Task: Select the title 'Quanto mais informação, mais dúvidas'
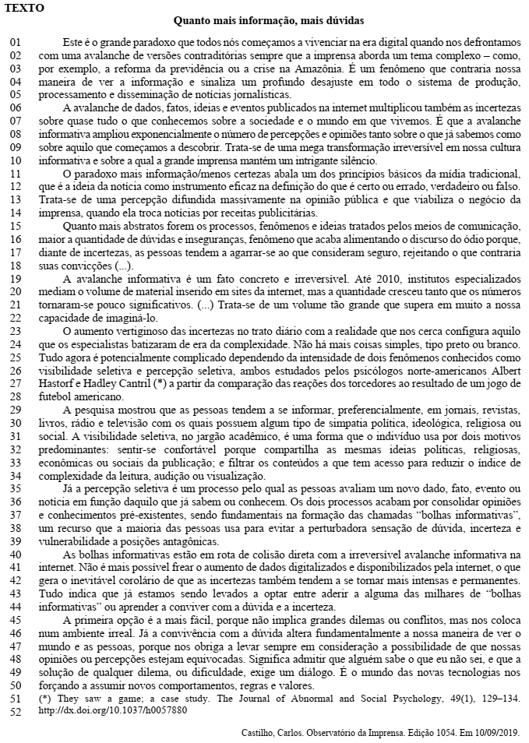pos(268,21)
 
